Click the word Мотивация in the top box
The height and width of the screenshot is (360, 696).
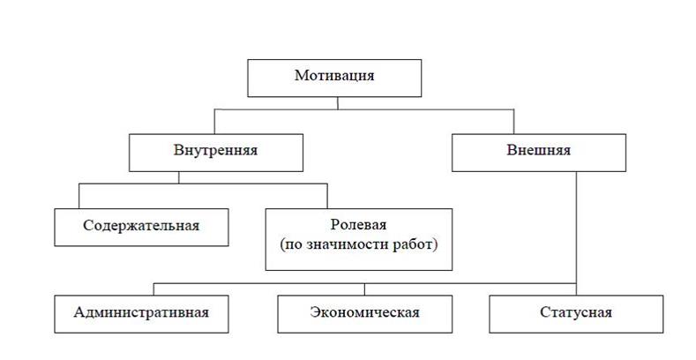pos(334,76)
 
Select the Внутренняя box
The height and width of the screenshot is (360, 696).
pos(216,153)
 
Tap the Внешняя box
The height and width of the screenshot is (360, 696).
pos(539,153)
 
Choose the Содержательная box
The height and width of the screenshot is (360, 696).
pos(142,228)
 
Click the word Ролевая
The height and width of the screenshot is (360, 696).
pos(359,225)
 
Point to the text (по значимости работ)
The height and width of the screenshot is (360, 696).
pos(359,244)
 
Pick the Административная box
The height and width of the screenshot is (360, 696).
pos(142,314)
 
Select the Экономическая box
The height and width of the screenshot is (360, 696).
pos(365,314)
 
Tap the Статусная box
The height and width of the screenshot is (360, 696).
pos(576,314)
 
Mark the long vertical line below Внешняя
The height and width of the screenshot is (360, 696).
pos(576,234)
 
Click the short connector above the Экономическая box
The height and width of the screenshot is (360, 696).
pos(364,289)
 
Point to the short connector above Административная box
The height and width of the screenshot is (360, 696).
pos(153,289)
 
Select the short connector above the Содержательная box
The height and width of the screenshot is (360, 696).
pos(79,196)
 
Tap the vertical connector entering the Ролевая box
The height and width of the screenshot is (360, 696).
pos(327,196)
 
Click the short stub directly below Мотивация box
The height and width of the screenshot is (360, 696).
pos(337,103)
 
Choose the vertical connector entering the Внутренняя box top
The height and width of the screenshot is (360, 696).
pos(214,122)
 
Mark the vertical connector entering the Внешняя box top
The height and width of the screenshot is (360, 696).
pos(513,122)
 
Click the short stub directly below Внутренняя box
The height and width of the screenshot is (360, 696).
pos(179,177)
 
